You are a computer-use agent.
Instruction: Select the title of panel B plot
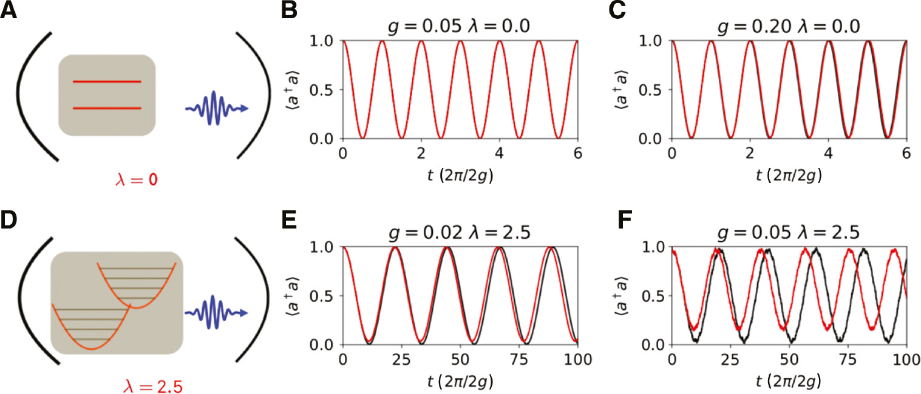(x=460, y=27)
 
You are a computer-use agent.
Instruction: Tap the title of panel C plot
(x=788, y=27)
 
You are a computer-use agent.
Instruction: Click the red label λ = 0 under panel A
(x=139, y=180)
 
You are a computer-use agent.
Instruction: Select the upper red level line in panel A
(x=107, y=81)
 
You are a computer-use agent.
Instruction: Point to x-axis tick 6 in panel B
(x=577, y=154)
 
